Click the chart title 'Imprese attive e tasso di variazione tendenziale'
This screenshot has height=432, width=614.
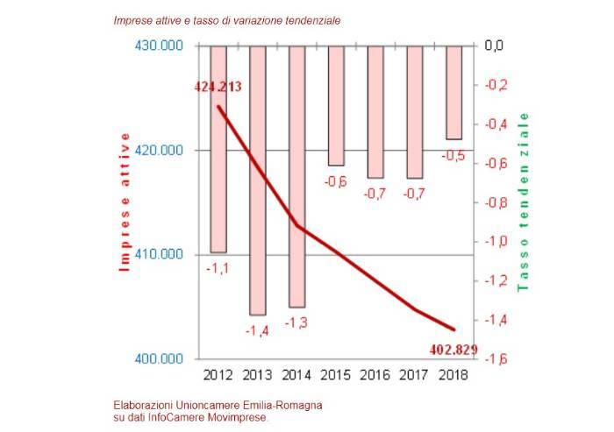(227, 19)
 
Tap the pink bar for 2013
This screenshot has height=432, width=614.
(257, 180)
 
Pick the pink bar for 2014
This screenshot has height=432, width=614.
(296, 175)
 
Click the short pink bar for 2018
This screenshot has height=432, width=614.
(453, 92)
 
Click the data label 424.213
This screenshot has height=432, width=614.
(218, 86)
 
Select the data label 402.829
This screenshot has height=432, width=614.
(453, 350)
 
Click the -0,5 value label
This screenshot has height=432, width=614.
(453, 155)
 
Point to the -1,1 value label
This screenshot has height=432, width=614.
(217, 268)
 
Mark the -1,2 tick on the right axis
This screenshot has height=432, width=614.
(496, 280)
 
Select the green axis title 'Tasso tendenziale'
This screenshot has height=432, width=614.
(525, 202)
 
